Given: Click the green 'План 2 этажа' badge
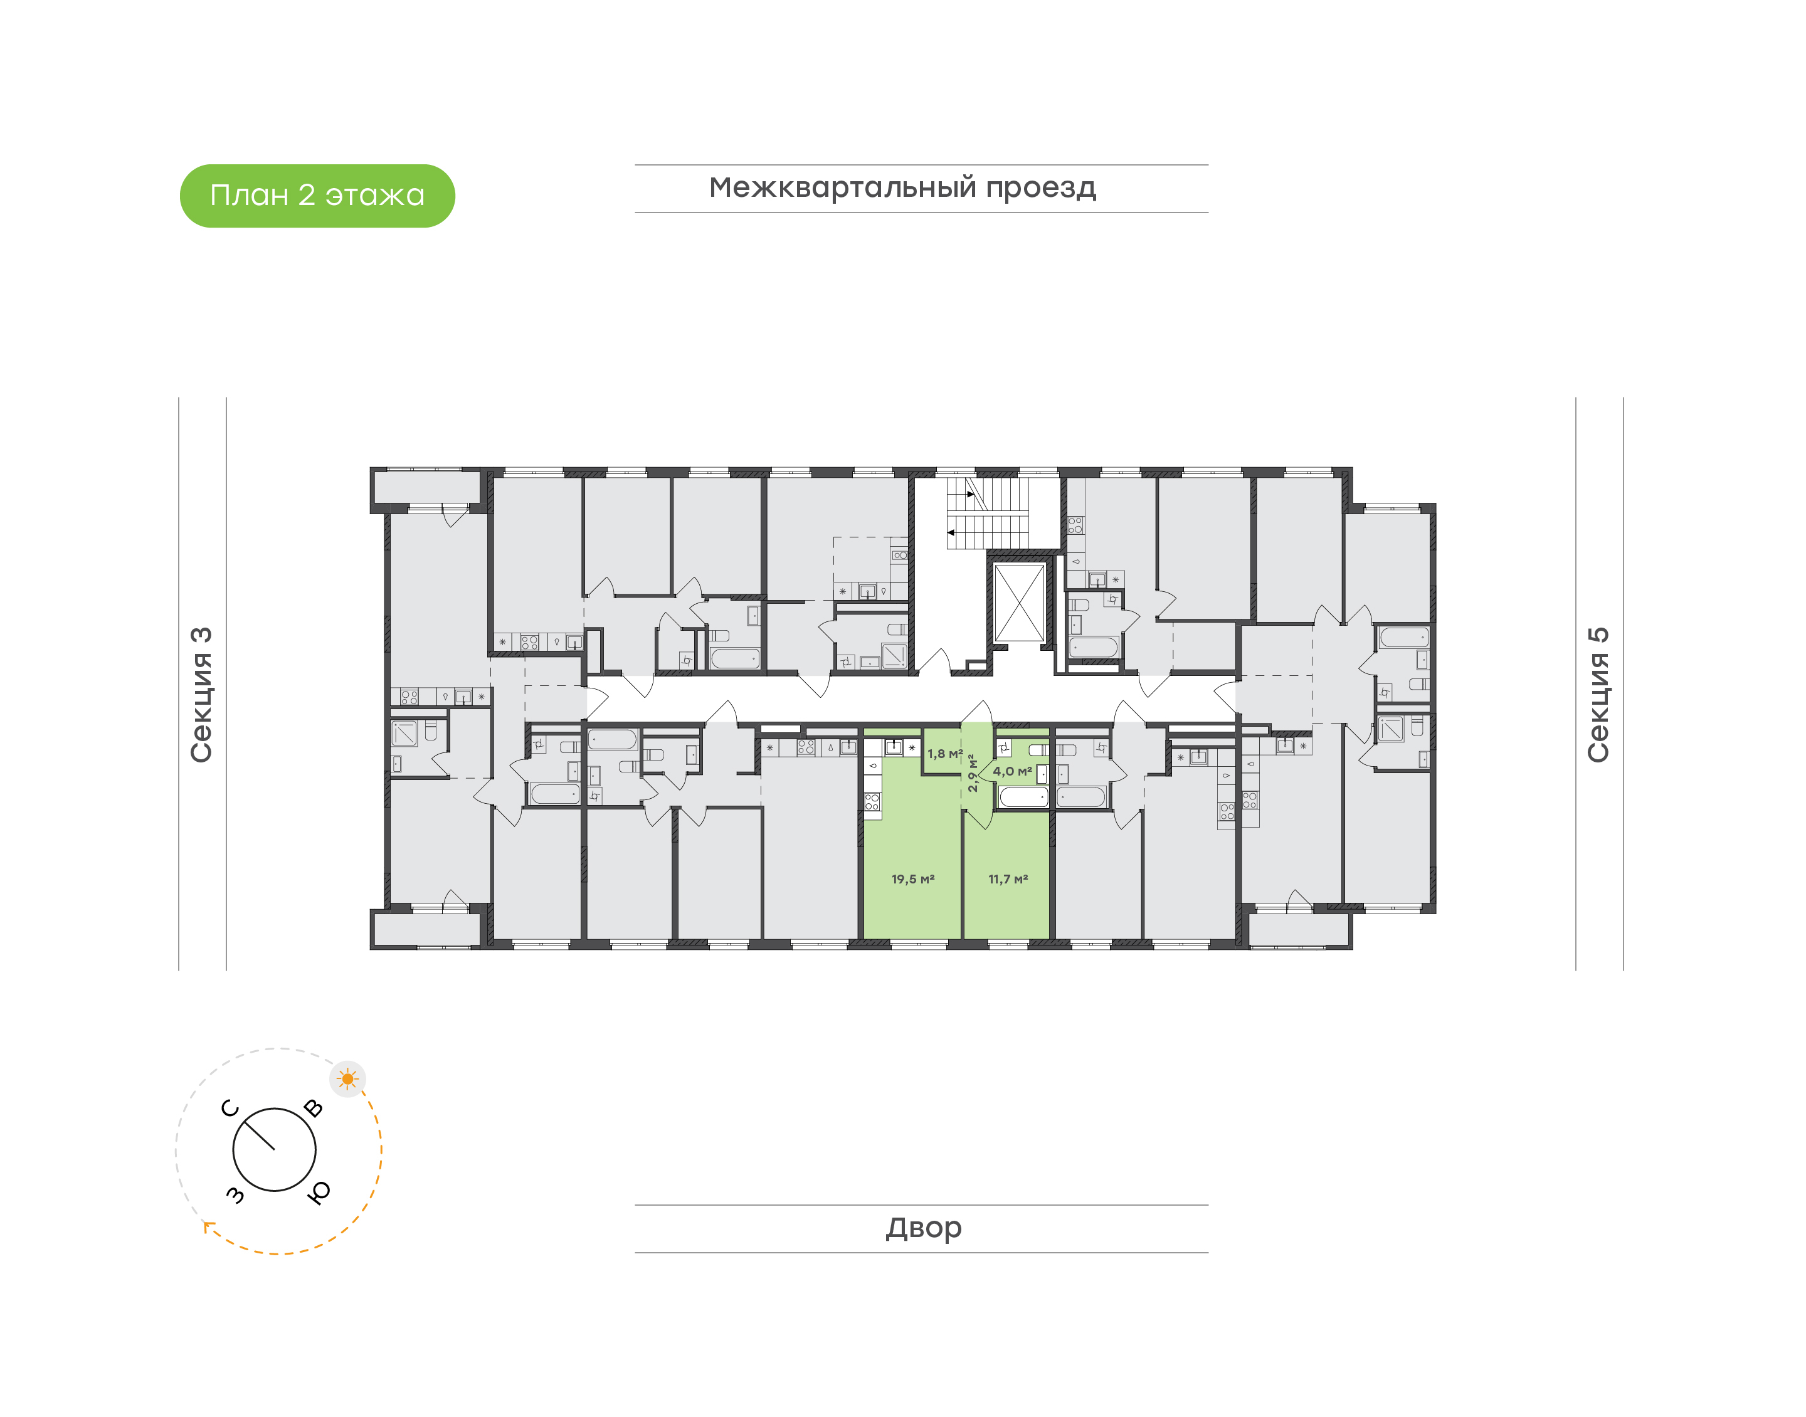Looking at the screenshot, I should pos(317,196).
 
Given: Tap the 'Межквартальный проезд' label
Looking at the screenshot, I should pos(902,188).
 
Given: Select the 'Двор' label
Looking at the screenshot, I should pos(922,1228).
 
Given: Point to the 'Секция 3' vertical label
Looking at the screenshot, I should pos(201,695).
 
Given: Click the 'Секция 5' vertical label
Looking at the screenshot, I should pos(1598,695).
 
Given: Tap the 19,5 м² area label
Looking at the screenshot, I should pos(912,878).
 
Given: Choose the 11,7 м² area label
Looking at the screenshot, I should pos(1007,878).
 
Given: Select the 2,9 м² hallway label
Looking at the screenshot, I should pos(973,772).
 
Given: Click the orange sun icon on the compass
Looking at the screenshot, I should pos(347,1079).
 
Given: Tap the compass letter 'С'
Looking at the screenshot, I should pos(230,1109).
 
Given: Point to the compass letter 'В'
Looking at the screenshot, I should pos(314,1109).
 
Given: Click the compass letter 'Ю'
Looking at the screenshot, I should pos(319,1192).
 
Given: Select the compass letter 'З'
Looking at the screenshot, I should pos(236,1194).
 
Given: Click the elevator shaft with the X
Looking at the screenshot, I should pos(1019,603).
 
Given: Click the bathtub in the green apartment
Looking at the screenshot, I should pos(1023,798).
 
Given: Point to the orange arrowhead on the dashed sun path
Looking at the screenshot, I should pos(208,1226).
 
